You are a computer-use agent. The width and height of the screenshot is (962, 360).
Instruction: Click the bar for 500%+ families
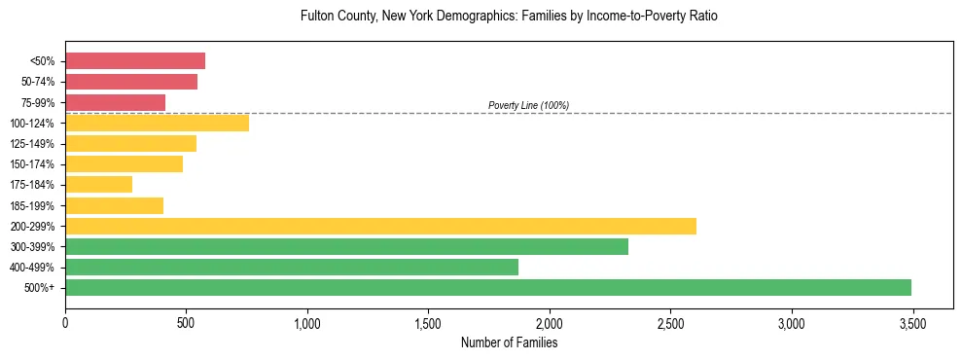(x=488, y=287)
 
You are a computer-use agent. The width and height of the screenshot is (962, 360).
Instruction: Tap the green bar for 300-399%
(x=346, y=246)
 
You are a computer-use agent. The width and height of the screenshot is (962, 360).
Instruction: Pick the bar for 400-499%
(x=292, y=267)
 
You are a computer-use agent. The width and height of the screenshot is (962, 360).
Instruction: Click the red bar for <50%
(x=135, y=61)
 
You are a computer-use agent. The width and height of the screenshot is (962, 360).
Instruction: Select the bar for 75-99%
(x=115, y=102)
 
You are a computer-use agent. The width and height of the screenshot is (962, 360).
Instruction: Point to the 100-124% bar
(x=157, y=123)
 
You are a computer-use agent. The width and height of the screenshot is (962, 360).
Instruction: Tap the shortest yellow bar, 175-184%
(x=98, y=184)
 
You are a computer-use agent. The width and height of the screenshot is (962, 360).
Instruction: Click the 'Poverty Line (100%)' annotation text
(x=528, y=105)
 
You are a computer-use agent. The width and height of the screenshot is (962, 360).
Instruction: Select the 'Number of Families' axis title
(x=509, y=342)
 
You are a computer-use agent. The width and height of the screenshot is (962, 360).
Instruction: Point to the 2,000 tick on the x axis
(x=550, y=323)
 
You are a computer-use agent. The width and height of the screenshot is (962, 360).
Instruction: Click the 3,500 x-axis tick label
(x=912, y=323)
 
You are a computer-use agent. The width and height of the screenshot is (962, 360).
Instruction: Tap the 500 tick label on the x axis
(x=186, y=323)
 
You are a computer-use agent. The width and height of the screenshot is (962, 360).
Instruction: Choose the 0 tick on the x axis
(x=65, y=323)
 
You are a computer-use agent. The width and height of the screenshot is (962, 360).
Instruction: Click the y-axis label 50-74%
(x=38, y=82)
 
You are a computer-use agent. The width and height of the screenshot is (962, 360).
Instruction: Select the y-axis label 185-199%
(x=34, y=205)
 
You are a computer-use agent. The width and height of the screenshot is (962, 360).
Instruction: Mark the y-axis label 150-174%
(x=34, y=164)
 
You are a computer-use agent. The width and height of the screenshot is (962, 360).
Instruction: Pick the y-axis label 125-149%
(x=34, y=144)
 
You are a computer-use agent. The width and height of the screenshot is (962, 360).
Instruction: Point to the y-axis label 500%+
(x=40, y=288)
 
